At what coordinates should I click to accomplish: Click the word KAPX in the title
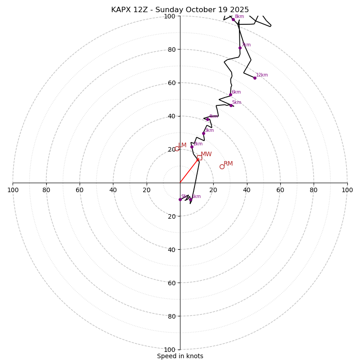click(121, 10)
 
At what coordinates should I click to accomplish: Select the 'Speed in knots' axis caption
click(180, 356)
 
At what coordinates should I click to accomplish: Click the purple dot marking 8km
click(233, 19)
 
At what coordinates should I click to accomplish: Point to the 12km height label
click(262, 75)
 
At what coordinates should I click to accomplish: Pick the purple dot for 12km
click(255, 78)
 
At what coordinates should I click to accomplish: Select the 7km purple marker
click(240, 48)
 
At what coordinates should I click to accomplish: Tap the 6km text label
click(236, 92)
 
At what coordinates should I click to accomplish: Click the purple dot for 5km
click(231, 105)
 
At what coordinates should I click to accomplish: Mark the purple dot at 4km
click(207, 119)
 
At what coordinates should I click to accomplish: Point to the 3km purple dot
click(203, 133)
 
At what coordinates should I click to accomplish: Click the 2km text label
click(198, 144)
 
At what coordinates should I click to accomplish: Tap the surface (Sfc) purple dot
click(180, 199)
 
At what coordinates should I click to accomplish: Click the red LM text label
click(182, 145)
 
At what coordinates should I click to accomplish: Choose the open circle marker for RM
click(222, 166)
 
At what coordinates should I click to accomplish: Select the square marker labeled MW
click(199, 157)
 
